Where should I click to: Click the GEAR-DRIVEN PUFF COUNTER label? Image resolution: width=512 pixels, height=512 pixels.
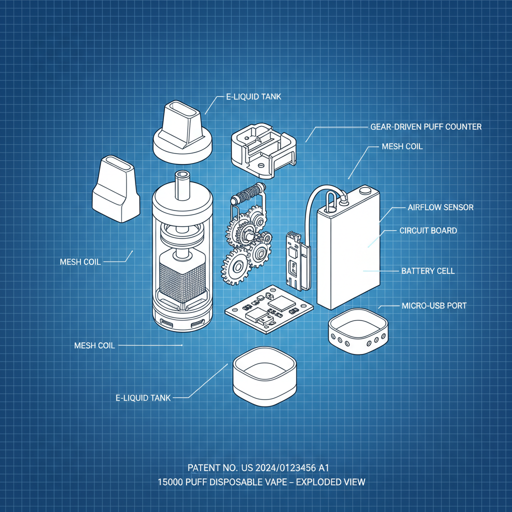coord(426,127)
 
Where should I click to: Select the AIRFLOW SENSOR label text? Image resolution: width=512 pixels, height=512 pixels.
coord(440,207)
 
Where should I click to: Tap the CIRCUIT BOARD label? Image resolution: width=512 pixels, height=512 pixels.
coord(428,230)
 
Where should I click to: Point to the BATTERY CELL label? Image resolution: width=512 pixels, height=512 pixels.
coord(428,271)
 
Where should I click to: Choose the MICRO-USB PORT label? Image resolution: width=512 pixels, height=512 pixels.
coord(434,305)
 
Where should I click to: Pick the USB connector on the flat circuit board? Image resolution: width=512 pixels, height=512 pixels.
coord(260,317)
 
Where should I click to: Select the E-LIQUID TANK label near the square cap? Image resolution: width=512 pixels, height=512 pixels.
coord(143,398)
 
